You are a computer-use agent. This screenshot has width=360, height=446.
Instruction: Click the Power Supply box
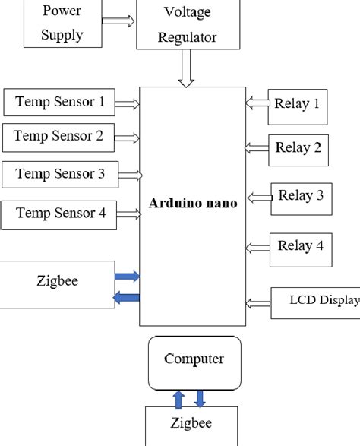pyautogui.click(x=62, y=23)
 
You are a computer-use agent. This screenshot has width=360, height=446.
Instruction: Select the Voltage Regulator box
pyautogui.click(x=187, y=25)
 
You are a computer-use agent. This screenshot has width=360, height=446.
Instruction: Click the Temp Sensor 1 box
pyautogui.click(x=59, y=101)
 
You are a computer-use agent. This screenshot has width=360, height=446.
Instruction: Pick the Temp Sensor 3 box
pyautogui.click(x=60, y=174)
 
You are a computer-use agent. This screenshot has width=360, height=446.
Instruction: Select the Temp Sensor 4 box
pyautogui.click(x=60, y=214)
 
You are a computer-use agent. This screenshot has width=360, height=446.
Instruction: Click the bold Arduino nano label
pyautogui.click(x=194, y=204)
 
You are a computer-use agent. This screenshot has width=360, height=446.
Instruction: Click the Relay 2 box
pyautogui.click(x=298, y=147)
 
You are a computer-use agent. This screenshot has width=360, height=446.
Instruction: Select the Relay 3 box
pyautogui.click(x=301, y=197)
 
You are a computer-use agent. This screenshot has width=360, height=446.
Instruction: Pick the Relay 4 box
pyautogui.click(x=300, y=246)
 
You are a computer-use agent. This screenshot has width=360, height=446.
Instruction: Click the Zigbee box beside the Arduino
pyautogui.click(x=57, y=283)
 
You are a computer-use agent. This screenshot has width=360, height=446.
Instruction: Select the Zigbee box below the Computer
pyautogui.click(x=191, y=425)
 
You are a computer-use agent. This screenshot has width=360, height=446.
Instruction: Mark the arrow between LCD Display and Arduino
pyautogui.click(x=259, y=304)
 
